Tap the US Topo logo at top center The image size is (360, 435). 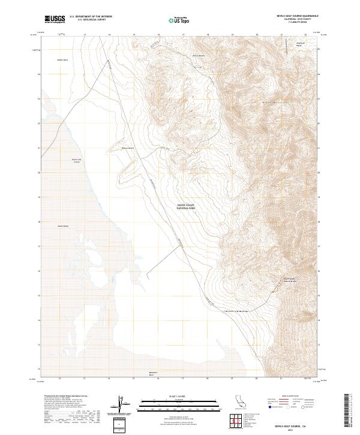coord(178,19)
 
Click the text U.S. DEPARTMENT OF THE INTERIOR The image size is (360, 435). coord(91,16)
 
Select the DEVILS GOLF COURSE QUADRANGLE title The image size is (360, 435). coord(293,16)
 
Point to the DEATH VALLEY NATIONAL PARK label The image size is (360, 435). coord(186,207)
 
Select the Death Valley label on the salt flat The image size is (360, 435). coord(64,226)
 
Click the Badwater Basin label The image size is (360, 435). coord(153,373)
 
